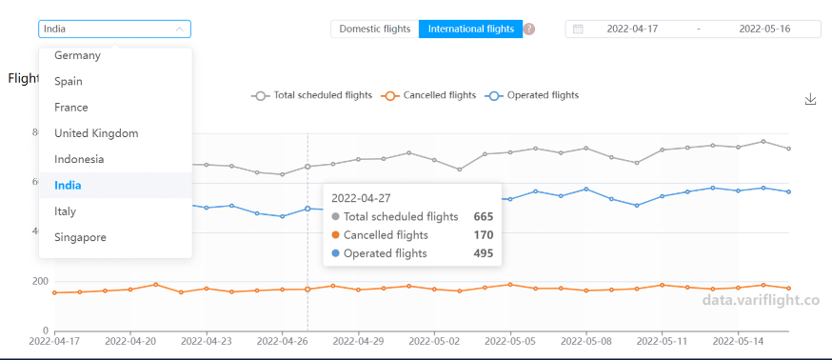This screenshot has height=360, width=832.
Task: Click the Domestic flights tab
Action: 375,29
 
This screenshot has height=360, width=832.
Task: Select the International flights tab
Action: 470,29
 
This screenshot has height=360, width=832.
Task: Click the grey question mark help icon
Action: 529,29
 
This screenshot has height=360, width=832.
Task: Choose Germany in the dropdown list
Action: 77,55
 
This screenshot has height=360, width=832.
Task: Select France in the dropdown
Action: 71,108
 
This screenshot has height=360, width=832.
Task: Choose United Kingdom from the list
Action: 96,133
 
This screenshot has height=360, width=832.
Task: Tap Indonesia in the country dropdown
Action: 79,159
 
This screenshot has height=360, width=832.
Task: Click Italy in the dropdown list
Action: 65,211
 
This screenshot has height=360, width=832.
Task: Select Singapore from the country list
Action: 80,237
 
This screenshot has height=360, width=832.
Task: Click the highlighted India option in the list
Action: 68,185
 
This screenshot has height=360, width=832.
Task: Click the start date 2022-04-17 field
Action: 632,29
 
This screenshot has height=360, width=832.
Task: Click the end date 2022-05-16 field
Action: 764,29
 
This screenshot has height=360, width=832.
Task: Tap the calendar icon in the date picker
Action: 578,29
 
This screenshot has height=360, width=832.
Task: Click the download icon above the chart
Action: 811,99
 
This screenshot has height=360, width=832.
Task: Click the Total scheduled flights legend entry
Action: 311,95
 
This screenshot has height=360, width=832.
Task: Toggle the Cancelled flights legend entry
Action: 428,95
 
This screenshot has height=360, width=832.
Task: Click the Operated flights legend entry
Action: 532,95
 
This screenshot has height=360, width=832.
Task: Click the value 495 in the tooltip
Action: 483,253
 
